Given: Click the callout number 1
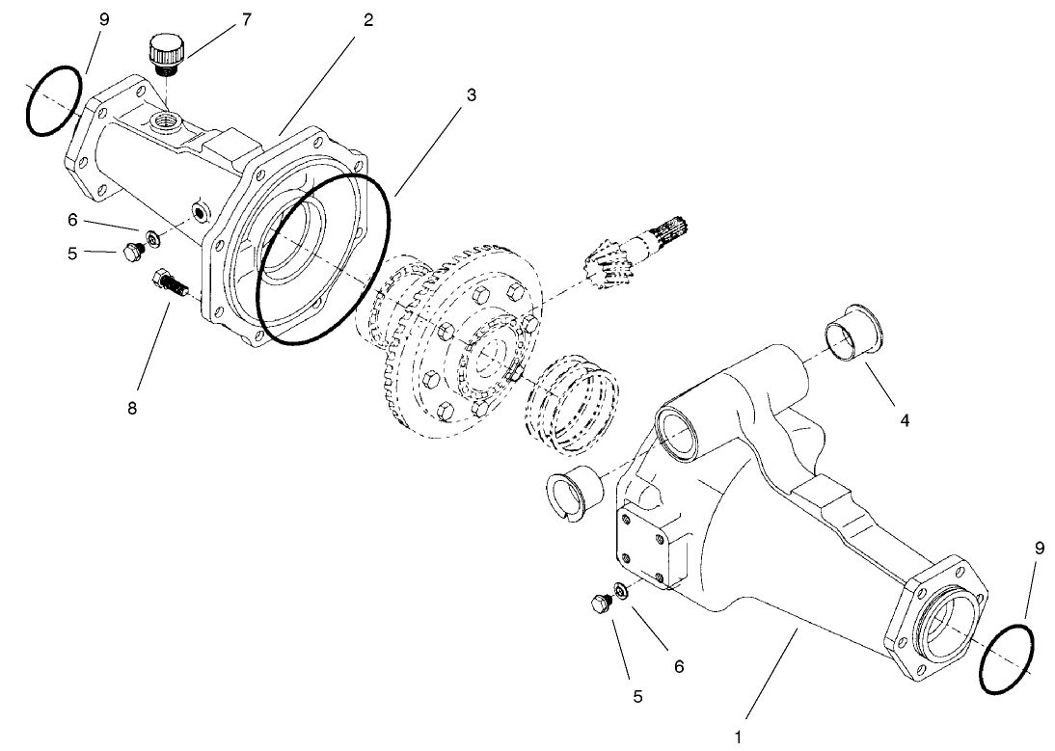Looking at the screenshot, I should click(x=739, y=738).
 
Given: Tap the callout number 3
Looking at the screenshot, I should click(x=472, y=95).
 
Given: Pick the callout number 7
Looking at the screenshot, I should click(x=246, y=18).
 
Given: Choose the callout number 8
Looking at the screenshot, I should click(x=131, y=408).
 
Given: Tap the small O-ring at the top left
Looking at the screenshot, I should click(x=53, y=101).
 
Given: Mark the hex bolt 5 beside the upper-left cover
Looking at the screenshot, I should click(x=130, y=254).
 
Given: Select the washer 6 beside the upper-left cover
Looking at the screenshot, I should click(x=152, y=237).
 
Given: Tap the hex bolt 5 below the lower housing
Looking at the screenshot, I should click(x=599, y=604).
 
